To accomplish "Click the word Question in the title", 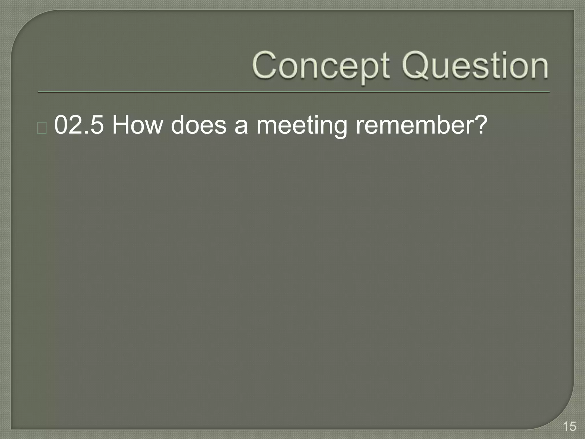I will (475, 66).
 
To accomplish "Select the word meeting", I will (301, 126).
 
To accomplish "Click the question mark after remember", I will (478, 125).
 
